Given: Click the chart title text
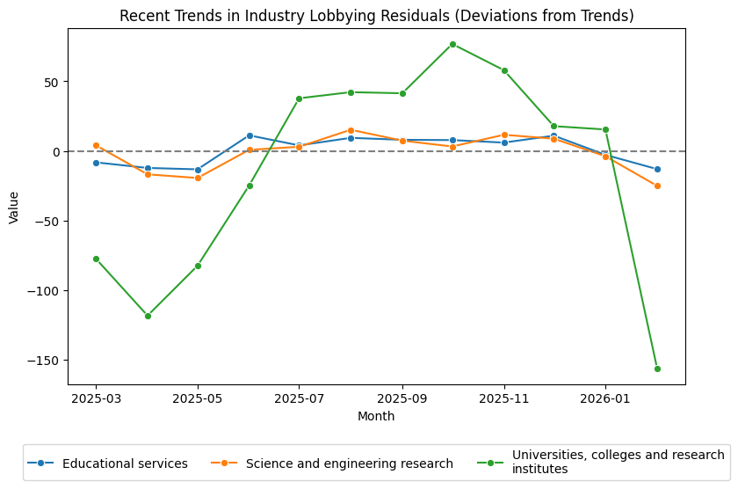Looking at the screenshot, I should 376,16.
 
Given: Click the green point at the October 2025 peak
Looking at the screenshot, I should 452,44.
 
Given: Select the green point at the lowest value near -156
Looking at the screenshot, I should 657,369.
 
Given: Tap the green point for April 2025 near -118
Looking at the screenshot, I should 148,316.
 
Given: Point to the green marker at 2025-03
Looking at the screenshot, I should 96,259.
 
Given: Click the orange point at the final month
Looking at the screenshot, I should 657,186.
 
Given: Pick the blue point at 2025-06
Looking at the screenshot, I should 250,135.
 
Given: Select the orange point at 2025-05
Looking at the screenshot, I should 198,178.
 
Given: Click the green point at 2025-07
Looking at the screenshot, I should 299,99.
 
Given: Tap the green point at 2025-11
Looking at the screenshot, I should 504,70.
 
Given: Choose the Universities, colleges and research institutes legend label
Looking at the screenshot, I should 618,463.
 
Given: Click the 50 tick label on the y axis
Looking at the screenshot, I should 51,82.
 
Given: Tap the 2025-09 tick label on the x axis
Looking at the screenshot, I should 402,398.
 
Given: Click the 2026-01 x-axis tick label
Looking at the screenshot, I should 605,398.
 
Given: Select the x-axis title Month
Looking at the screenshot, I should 376,416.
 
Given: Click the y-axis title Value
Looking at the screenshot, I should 13,207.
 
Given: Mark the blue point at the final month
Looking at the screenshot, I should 657,169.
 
